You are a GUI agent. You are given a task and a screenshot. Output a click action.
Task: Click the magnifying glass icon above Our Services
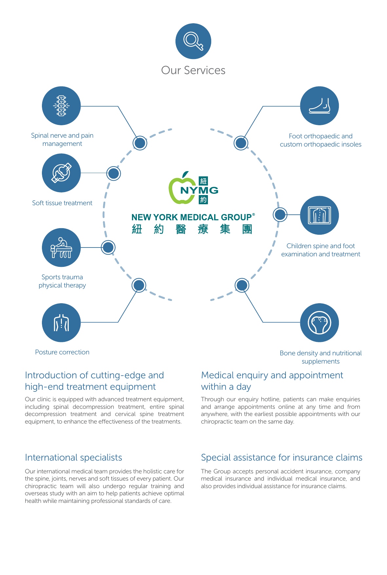click(x=193, y=41)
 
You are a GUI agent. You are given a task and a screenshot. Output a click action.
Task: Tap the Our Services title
click(x=193, y=70)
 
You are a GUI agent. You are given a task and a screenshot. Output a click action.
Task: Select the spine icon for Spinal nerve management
click(x=61, y=106)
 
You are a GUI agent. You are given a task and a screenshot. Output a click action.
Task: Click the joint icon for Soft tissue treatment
click(x=61, y=173)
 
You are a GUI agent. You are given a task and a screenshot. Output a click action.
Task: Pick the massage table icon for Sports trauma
click(x=61, y=248)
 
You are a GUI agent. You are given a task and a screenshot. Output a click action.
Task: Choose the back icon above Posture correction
click(x=61, y=323)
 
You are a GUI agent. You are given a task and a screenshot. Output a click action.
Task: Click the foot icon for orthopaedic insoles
click(x=319, y=106)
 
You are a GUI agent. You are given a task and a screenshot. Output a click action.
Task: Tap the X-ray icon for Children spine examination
click(x=319, y=215)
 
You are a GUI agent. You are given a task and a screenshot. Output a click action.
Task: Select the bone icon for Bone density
click(x=319, y=323)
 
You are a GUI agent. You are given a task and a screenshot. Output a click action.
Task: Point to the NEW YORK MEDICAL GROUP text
click(x=193, y=217)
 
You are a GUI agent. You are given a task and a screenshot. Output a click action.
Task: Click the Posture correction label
click(x=62, y=352)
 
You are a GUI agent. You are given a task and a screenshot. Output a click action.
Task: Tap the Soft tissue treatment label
click(x=62, y=203)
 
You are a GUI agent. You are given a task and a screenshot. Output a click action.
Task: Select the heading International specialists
click(x=73, y=458)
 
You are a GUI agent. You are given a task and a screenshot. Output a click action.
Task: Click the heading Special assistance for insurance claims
click(x=282, y=458)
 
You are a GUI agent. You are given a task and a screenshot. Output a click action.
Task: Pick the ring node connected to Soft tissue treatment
click(x=114, y=173)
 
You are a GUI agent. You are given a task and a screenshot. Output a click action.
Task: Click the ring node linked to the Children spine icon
click(x=280, y=215)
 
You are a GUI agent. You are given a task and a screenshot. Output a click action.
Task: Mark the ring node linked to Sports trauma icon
click(x=108, y=248)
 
